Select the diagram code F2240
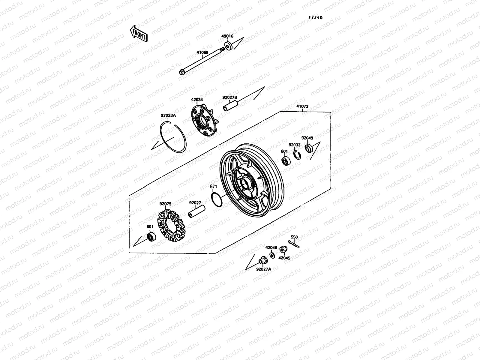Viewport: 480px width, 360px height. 316,18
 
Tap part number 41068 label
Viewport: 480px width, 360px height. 202,52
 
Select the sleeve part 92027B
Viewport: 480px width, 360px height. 230,106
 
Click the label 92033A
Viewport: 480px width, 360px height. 168,115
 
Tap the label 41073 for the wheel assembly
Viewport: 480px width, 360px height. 302,106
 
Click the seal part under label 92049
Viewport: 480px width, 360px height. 308,148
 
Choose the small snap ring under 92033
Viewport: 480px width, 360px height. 297,155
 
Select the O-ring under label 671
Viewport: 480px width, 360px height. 216,199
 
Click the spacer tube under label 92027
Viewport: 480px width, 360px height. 196,211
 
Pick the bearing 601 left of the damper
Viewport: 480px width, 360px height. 150,237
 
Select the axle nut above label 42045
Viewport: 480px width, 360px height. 282,250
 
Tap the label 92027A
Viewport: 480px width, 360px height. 263,269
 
